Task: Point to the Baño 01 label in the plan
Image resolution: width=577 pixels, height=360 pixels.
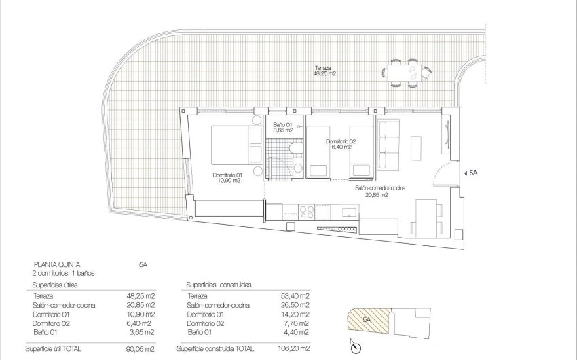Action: (282, 127)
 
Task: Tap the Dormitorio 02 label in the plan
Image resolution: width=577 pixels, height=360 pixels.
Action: (339, 143)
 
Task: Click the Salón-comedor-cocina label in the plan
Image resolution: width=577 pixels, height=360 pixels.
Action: (371, 192)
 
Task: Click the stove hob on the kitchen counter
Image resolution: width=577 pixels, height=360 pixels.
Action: (308, 211)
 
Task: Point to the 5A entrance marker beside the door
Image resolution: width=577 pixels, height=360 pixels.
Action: (473, 174)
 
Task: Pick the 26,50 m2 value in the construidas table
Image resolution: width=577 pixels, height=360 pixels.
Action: (296, 306)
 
